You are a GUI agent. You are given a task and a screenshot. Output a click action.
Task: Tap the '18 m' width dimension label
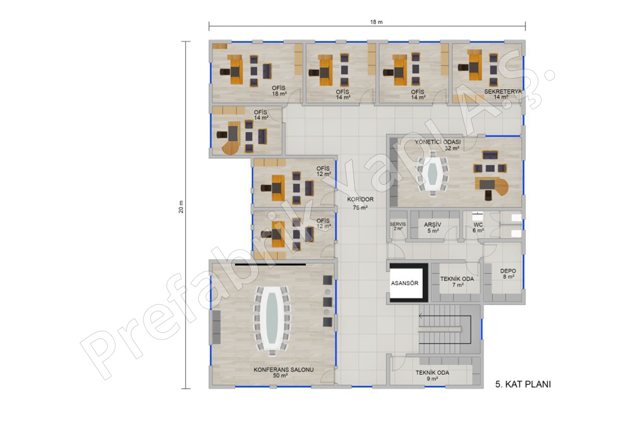click(x=376, y=22)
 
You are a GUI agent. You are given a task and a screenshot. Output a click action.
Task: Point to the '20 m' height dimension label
click(x=181, y=206)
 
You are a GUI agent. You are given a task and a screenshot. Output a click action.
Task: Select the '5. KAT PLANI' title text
click(x=523, y=384)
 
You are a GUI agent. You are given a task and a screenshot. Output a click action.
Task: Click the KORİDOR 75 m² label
click(x=360, y=203)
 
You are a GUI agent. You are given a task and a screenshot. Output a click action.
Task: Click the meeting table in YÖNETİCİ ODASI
click(x=433, y=175)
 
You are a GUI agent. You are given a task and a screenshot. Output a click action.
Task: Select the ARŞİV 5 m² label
click(x=432, y=228)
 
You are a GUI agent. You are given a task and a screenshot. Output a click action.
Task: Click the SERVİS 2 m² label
click(x=398, y=226)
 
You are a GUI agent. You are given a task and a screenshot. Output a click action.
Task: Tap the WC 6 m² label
click(x=478, y=228)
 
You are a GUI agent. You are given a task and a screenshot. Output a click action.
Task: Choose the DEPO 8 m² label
click(x=508, y=274)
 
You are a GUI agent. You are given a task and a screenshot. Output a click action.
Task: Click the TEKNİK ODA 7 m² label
click(x=457, y=282)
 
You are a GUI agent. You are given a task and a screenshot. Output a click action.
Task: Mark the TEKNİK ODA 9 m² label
click(x=432, y=375)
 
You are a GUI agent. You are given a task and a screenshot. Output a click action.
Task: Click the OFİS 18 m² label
click(x=279, y=91)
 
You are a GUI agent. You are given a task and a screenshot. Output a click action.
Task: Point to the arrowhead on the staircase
click(x=420, y=316)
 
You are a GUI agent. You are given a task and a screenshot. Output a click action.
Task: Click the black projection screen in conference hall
click(x=270, y=264)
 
